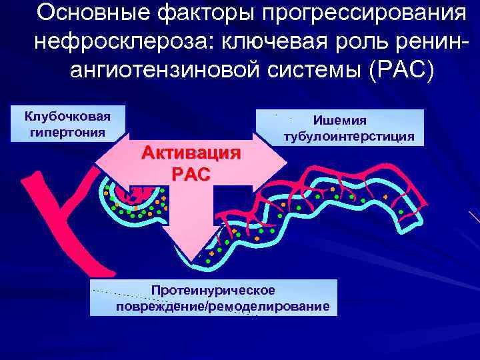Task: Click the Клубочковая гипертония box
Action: click(x=67, y=123)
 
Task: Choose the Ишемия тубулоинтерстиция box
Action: click(x=349, y=128)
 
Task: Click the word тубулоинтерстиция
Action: click(x=349, y=137)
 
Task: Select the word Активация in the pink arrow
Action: click(x=190, y=153)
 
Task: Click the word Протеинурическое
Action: click(x=213, y=291)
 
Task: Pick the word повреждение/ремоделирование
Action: click(x=223, y=306)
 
